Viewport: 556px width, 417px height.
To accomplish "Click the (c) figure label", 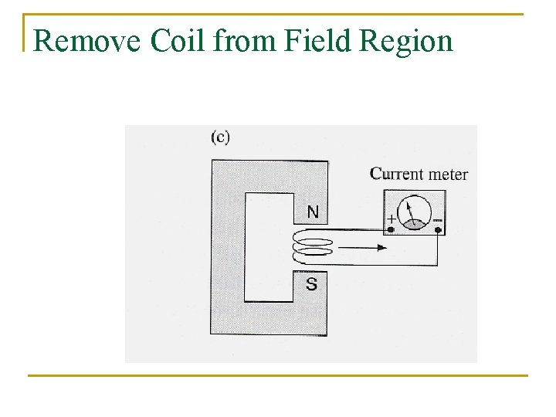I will click(220, 137).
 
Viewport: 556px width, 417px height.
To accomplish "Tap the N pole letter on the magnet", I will click(312, 211).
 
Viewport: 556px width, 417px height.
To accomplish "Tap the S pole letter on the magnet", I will click(311, 284).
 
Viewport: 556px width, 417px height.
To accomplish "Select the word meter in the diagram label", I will click(448, 174).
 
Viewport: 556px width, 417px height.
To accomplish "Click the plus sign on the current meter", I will click(391, 219).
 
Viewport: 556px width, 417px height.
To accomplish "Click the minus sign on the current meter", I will click(437, 219).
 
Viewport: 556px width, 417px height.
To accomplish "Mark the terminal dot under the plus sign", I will click(392, 229).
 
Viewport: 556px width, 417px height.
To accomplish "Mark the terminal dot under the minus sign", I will click(438, 229).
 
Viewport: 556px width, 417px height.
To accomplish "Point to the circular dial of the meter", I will click(414, 213).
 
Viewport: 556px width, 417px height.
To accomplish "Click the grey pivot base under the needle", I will click(415, 223).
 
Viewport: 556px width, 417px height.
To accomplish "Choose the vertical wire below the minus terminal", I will click(438, 247).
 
